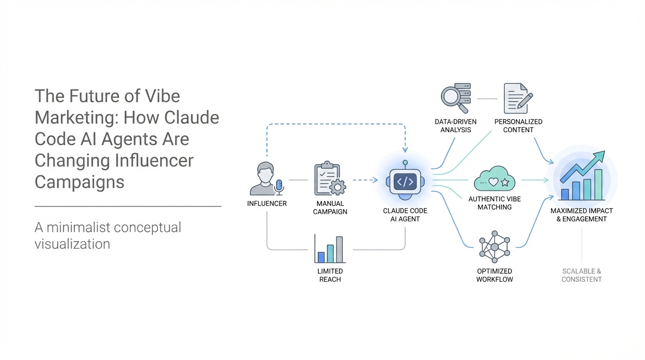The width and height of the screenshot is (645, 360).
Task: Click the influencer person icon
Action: (x=264, y=178)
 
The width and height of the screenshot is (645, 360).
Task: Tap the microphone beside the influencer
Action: (x=279, y=187)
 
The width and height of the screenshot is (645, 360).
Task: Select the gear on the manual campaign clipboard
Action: (x=337, y=187)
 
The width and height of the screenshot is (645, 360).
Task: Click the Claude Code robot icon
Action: (x=405, y=181)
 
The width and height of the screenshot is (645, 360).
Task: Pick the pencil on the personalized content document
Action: (x=525, y=100)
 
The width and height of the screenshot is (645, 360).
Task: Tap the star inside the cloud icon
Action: (x=504, y=182)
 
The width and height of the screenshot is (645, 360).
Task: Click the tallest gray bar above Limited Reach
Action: (x=339, y=249)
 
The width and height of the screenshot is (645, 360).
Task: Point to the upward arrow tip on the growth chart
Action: (x=601, y=154)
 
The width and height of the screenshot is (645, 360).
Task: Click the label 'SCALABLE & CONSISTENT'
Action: (x=582, y=275)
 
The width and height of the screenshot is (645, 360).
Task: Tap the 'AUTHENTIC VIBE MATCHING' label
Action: (x=495, y=203)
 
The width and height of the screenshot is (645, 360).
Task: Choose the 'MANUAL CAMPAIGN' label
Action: (x=330, y=207)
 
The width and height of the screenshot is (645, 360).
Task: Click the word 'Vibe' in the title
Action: (x=162, y=96)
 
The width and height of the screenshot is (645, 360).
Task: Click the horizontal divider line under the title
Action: (x=128, y=206)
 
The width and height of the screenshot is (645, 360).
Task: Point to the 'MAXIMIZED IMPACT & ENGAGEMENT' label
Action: (x=581, y=215)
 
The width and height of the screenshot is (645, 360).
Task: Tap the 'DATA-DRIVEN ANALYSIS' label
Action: (x=456, y=126)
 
